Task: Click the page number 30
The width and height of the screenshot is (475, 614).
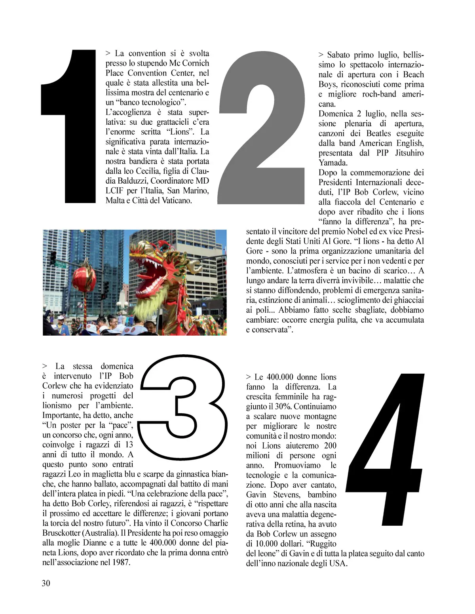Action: pyautogui.click(x=46, y=583)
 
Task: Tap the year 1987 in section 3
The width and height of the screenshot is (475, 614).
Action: pyautogui.click(x=121, y=562)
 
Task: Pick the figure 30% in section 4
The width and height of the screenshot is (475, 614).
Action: pyautogui.click(x=283, y=407)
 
